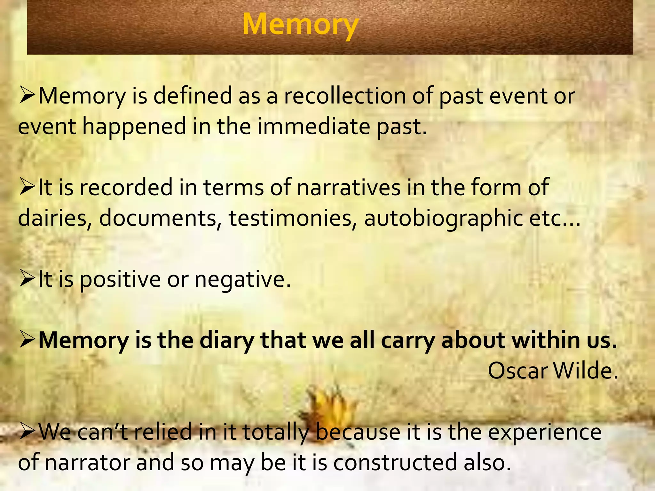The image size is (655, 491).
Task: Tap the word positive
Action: tap(120, 279)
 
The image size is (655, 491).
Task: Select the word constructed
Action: tap(395, 462)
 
